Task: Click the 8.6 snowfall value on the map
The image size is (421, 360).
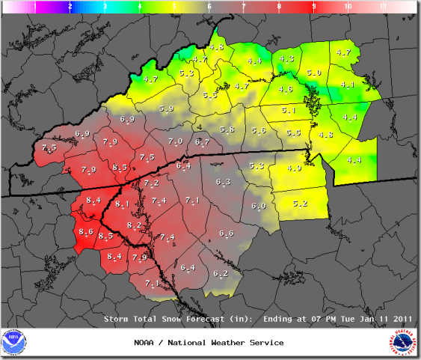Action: (85, 233)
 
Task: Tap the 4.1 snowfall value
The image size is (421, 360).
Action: (348, 85)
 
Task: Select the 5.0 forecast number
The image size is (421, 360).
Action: (314, 73)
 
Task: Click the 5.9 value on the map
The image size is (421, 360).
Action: (166, 109)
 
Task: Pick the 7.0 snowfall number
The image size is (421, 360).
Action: (176, 141)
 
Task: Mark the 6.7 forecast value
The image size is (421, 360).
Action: (202, 141)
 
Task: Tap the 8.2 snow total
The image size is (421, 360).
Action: (135, 225)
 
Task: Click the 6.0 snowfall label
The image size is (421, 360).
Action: (259, 206)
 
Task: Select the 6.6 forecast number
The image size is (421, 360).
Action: (227, 234)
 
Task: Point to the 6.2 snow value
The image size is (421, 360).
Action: (221, 273)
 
